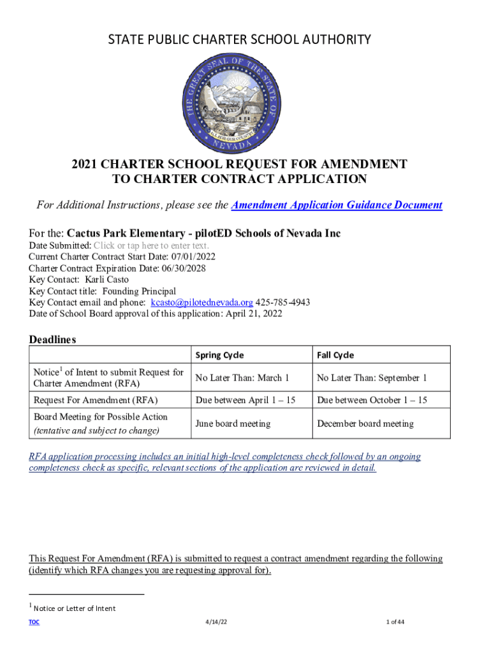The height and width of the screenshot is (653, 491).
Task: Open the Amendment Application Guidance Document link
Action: coord(336,205)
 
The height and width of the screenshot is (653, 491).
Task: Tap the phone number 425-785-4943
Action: coord(283,302)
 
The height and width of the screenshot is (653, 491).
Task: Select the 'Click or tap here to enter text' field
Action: coord(151,246)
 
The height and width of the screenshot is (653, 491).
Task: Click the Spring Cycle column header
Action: coord(219,355)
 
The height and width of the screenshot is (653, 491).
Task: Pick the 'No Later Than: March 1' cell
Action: coord(242,378)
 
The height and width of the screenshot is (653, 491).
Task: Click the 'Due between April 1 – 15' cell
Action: coord(246,400)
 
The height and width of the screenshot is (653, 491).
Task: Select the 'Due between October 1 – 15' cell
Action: coord(372,400)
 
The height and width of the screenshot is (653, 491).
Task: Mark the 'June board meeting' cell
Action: coord(233,423)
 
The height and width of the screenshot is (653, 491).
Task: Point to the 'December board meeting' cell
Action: coord(365,423)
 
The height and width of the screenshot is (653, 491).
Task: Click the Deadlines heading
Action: coord(52,339)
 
